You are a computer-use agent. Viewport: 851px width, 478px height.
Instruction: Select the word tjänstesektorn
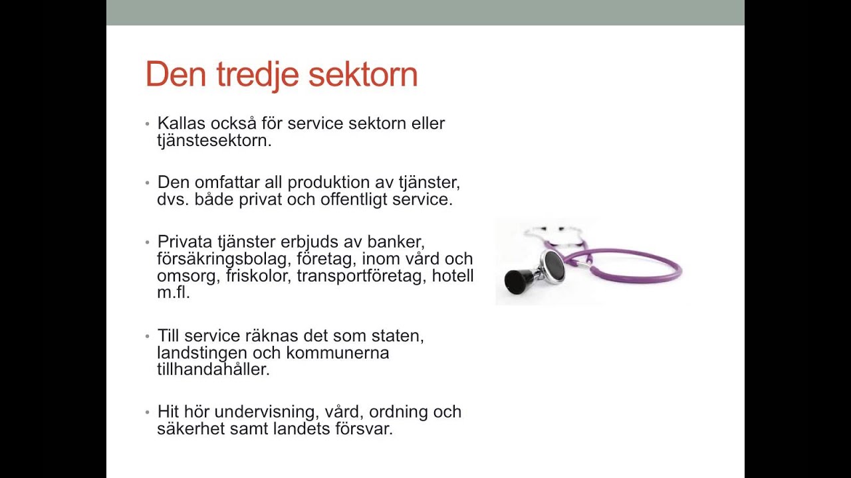[x=214, y=141]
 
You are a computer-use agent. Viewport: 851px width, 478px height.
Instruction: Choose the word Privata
[x=185, y=242]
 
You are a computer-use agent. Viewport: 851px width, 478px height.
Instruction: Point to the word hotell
[x=453, y=276]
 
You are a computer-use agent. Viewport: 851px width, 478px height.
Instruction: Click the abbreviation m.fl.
[x=173, y=293]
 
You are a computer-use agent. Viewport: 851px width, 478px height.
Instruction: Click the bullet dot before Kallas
[x=148, y=124]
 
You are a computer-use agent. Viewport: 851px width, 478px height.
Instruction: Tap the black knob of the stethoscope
[x=517, y=281]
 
